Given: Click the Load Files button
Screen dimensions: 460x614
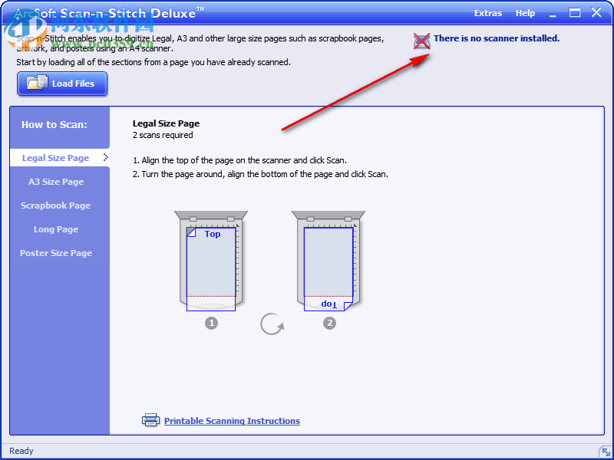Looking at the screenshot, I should [62, 84].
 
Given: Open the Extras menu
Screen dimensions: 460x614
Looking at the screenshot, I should [488, 13].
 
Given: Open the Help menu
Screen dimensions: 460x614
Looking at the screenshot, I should [525, 13].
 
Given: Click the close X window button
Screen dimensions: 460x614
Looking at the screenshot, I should [596, 12].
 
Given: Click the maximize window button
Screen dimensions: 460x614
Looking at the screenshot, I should [574, 12].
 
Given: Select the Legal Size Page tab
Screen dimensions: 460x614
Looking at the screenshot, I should [56, 158].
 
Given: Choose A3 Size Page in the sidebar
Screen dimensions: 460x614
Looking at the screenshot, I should [56, 182].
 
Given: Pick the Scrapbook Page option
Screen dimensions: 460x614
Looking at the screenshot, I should [56, 205].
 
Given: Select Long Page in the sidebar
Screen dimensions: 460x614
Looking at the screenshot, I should [56, 229].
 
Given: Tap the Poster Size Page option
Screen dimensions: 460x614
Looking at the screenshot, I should [56, 253].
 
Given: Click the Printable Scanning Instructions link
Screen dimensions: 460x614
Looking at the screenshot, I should [232, 421].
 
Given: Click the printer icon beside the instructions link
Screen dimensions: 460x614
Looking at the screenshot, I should [150, 420].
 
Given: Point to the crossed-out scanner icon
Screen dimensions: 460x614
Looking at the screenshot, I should [421, 41].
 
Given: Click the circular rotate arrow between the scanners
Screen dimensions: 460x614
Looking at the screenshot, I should [272, 324].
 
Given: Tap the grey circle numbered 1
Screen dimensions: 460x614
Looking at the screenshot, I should [211, 323].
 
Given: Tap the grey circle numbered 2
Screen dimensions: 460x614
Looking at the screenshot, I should [329, 323].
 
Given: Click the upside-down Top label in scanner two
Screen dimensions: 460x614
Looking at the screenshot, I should [328, 304].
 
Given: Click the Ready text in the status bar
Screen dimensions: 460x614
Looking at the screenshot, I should [21, 451].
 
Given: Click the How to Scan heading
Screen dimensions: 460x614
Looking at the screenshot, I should [54, 124].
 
